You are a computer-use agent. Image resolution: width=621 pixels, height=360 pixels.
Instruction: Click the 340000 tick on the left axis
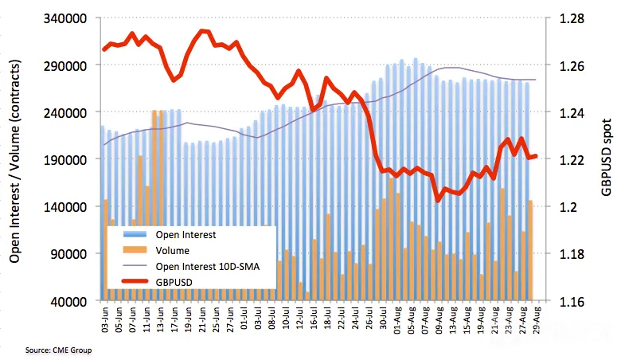64,18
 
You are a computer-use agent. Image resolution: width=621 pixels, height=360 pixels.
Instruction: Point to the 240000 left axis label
64,112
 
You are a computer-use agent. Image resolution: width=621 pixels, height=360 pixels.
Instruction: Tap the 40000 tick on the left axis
68,301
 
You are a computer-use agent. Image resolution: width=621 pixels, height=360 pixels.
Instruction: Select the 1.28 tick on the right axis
572,18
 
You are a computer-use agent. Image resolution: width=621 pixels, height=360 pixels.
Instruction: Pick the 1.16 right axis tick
572,301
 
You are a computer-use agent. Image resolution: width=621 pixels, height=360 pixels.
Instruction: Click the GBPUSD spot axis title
607,158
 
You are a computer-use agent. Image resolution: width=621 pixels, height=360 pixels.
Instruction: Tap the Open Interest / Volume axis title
14,161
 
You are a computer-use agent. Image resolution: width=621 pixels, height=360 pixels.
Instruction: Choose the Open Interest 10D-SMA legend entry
191,266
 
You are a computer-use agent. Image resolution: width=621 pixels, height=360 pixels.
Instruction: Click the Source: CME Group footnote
58,350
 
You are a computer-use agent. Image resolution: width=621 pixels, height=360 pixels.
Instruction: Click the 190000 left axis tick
64,159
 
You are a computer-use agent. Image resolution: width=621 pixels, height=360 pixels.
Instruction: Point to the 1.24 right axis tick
572,112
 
